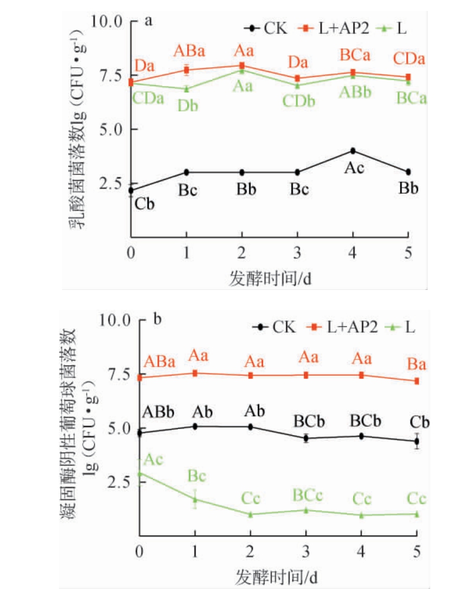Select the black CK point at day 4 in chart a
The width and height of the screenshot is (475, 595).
tap(353, 151)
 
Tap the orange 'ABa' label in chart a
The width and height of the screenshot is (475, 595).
tap(189, 51)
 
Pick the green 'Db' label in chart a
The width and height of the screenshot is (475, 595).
tap(188, 105)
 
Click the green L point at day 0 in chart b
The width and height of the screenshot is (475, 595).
tap(139, 473)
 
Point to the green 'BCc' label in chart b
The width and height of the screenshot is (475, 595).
tap(307, 495)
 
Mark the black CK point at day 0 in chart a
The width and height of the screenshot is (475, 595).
tap(131, 190)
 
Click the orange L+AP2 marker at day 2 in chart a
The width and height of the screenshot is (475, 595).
tap(242, 66)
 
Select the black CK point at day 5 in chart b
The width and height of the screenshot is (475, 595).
tap(417, 441)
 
